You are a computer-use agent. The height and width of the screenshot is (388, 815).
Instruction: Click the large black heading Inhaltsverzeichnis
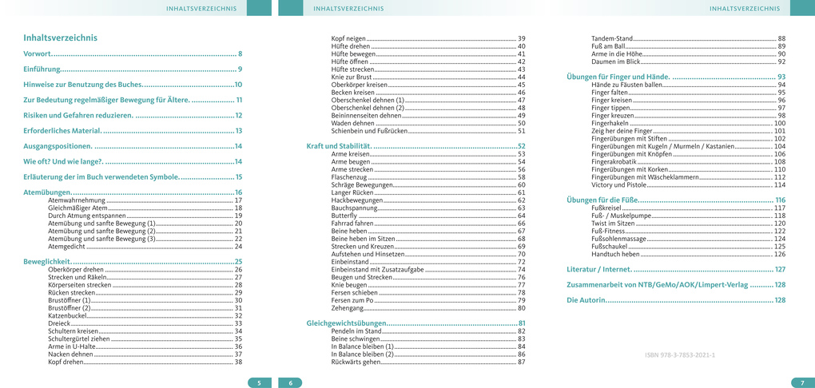61,38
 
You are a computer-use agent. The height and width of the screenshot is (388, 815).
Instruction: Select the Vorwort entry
38,53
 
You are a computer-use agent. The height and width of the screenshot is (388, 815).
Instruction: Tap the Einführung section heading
42,69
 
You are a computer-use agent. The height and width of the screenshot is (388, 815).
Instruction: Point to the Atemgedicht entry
67,247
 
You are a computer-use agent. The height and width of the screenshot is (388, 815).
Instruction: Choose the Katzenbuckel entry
66,315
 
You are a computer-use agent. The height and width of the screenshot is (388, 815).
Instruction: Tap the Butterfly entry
344,216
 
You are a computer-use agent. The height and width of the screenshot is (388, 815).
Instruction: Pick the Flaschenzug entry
350,177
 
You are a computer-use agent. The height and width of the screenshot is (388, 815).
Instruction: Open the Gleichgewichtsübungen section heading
345,323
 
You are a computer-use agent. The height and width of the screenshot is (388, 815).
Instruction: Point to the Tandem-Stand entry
612,38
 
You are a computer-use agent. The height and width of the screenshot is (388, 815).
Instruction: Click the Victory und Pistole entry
619,185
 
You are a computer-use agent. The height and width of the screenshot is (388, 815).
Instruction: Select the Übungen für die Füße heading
601,200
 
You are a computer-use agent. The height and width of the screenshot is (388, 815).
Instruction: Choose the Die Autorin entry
586,300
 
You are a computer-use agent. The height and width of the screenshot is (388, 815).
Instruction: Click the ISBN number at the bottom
680,354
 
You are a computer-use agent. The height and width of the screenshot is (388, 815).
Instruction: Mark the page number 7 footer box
802,382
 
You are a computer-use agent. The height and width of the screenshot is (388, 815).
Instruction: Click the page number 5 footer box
259,382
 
